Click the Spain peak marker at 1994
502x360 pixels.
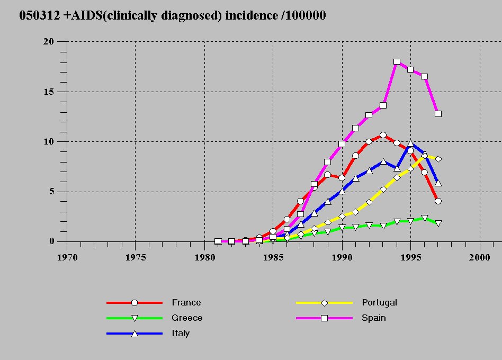click(x=397, y=62)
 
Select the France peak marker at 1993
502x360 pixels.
click(x=383, y=135)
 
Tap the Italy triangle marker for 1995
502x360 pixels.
click(x=410, y=143)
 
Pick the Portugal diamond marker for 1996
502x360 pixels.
click(x=424, y=156)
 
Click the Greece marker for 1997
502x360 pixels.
click(x=438, y=223)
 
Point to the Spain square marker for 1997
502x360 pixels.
click(x=438, y=114)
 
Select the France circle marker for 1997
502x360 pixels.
click(x=438, y=201)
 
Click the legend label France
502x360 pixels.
click(x=186, y=303)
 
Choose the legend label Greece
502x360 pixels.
click(x=187, y=318)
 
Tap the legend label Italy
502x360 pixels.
click(x=181, y=334)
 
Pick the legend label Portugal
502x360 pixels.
click(x=379, y=303)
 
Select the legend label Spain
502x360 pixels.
click(x=374, y=318)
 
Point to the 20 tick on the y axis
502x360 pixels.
click(x=49, y=41)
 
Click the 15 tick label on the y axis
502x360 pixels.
click(x=49, y=92)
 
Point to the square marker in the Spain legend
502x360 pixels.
click(x=325, y=318)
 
